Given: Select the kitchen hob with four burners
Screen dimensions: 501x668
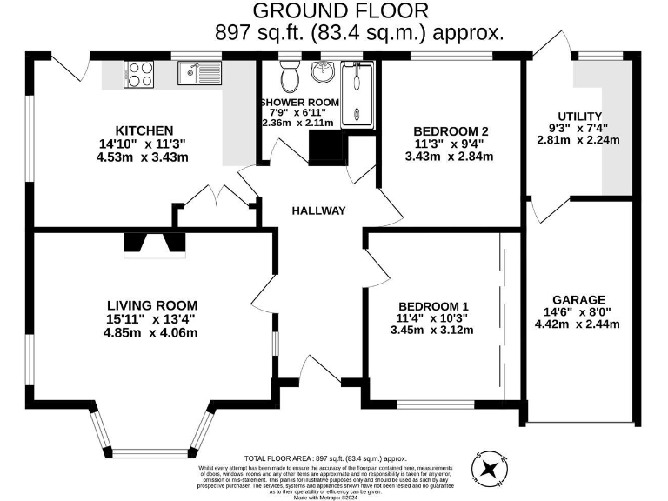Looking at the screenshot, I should point(138,73).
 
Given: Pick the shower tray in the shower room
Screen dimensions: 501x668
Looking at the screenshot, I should point(357,95).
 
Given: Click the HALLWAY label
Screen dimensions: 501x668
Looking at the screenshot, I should point(318,210).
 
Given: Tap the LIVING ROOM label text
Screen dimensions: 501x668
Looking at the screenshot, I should point(152,305).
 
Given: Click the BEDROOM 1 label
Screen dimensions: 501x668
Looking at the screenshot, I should point(433,306).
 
